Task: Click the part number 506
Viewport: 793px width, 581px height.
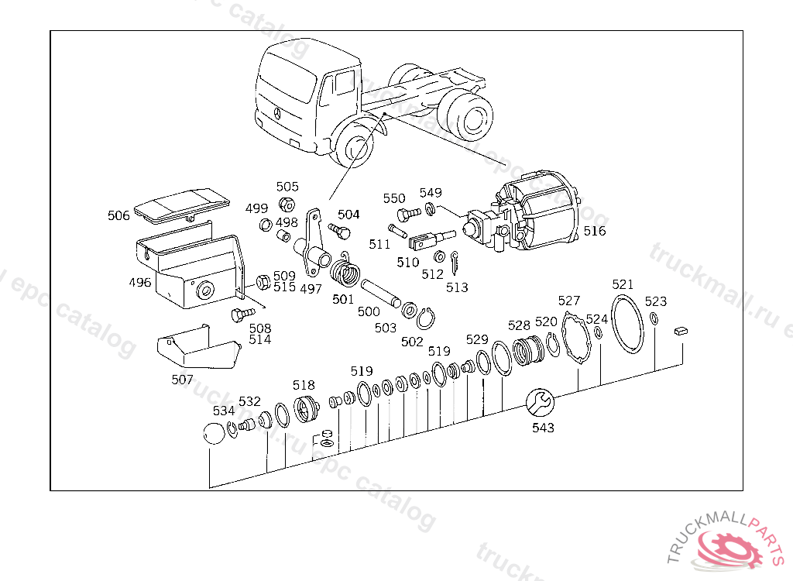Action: [x=118, y=216]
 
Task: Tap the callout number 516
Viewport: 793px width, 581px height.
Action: [x=595, y=231]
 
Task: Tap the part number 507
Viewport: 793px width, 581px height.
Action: [x=183, y=380]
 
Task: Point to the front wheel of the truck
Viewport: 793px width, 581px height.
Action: [x=355, y=146]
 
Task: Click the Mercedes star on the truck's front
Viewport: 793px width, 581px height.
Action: [x=276, y=112]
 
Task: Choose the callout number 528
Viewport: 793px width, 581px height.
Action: [x=519, y=325]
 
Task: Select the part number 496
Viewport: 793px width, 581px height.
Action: [x=140, y=282]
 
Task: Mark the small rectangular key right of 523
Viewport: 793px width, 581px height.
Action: [x=681, y=329]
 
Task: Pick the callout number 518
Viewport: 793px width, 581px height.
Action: [x=304, y=385]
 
